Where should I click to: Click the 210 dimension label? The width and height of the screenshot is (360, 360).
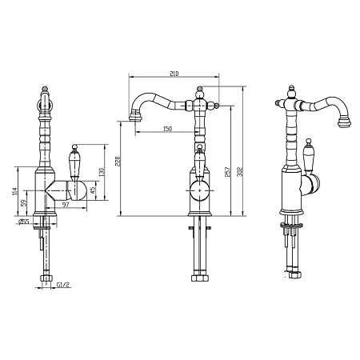click(x=174, y=74)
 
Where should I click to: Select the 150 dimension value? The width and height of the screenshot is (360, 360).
click(x=167, y=129)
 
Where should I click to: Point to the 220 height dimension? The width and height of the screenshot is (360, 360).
click(x=118, y=161)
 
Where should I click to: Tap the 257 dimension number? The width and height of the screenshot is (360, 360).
click(x=227, y=172)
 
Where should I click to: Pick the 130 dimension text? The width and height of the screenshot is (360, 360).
click(x=102, y=172)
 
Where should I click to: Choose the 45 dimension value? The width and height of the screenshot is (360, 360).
click(x=93, y=190)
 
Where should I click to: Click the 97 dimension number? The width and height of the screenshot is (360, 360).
click(x=66, y=205)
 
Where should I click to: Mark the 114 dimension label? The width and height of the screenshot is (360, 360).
click(x=14, y=191)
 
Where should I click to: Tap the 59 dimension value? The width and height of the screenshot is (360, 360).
click(x=24, y=203)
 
